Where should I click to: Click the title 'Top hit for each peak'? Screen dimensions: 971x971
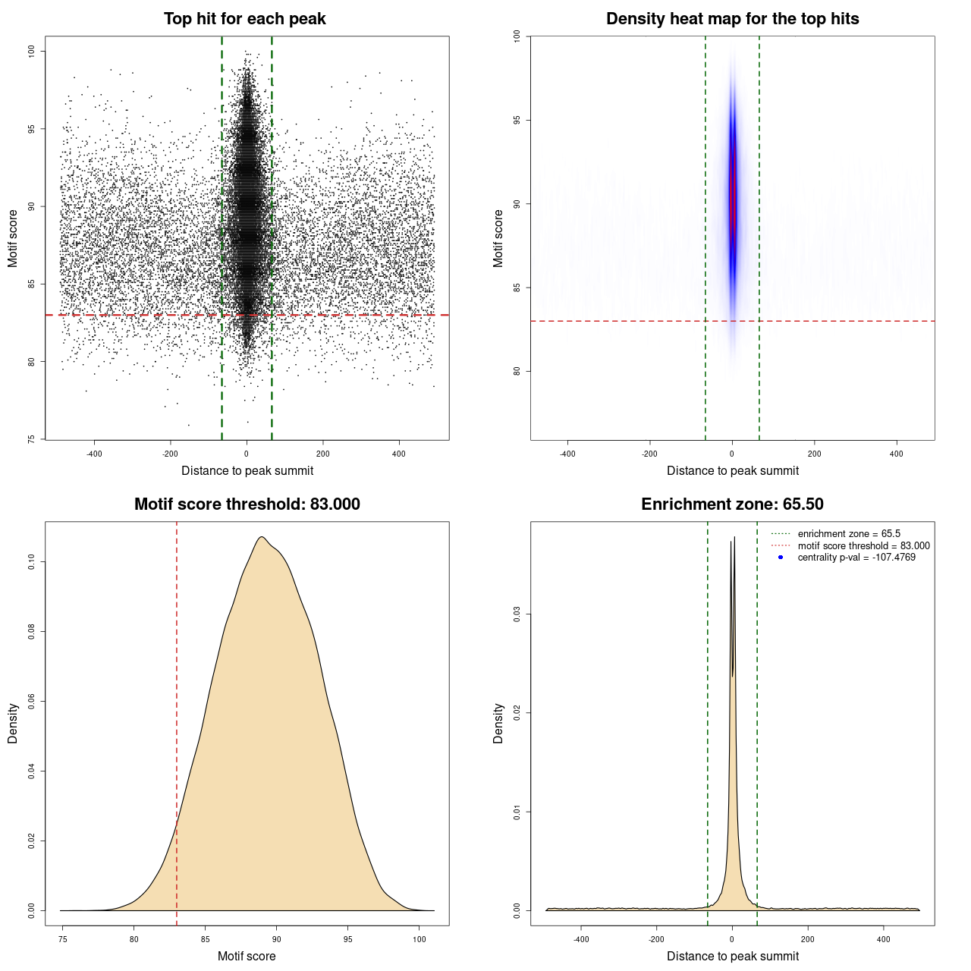[x=244, y=19]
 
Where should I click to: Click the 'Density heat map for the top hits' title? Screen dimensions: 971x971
[x=732, y=19]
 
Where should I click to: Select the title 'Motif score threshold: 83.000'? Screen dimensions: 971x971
[x=247, y=504]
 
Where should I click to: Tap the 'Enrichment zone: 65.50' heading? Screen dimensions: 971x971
[x=732, y=504]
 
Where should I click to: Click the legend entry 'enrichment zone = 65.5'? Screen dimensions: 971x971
[x=848, y=534]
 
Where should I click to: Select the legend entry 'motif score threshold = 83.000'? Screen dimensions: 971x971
[x=863, y=545]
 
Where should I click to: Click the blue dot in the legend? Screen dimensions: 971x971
[x=781, y=558]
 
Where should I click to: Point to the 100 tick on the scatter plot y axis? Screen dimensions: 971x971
[x=32, y=51]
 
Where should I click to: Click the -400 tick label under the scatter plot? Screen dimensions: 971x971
[x=94, y=454]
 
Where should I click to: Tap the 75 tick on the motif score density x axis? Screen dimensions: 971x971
[x=63, y=939]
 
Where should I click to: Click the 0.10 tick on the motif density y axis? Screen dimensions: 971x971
[x=32, y=561]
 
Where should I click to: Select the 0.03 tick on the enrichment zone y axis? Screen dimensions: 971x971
[x=517, y=614]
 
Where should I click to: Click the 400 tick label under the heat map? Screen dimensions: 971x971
[x=897, y=454]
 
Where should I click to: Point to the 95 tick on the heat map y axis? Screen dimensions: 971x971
[x=517, y=120]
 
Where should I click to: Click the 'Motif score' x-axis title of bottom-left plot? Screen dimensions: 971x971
[x=247, y=956]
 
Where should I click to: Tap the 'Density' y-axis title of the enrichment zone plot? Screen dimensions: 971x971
[x=498, y=723]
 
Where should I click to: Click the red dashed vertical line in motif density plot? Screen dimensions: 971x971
[x=177, y=721]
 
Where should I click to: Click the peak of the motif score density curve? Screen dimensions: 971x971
[x=261, y=537]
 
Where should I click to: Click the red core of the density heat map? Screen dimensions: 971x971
[x=733, y=193]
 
